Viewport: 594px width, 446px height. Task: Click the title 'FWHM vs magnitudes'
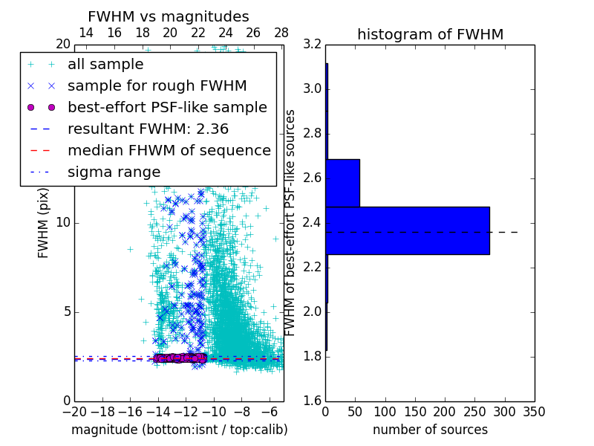(169, 16)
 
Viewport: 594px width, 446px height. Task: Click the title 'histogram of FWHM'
(430, 34)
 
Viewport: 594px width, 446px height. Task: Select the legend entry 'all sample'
(105, 65)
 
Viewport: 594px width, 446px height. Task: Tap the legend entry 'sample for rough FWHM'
(157, 86)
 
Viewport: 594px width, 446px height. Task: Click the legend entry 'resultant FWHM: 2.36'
(148, 129)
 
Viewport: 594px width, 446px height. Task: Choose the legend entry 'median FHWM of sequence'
(169, 151)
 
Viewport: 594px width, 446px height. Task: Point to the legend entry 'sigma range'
(114, 172)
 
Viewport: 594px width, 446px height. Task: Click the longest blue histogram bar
(407, 230)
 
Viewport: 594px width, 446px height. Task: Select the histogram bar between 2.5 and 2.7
(342, 183)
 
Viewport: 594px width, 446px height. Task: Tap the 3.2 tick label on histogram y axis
(313, 45)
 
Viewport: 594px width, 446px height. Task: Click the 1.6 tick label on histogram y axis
(313, 401)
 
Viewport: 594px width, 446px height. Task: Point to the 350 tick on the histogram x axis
(535, 411)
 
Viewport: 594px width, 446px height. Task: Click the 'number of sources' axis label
(430, 430)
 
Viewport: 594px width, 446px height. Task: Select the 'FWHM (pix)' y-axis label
(44, 223)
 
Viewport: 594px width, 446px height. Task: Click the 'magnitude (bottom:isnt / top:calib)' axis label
(179, 430)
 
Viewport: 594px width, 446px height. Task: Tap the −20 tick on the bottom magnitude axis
(74, 411)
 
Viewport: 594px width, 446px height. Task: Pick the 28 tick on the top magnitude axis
(281, 33)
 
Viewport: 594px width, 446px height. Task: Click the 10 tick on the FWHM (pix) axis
(63, 223)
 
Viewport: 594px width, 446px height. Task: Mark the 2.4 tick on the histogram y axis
(313, 223)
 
